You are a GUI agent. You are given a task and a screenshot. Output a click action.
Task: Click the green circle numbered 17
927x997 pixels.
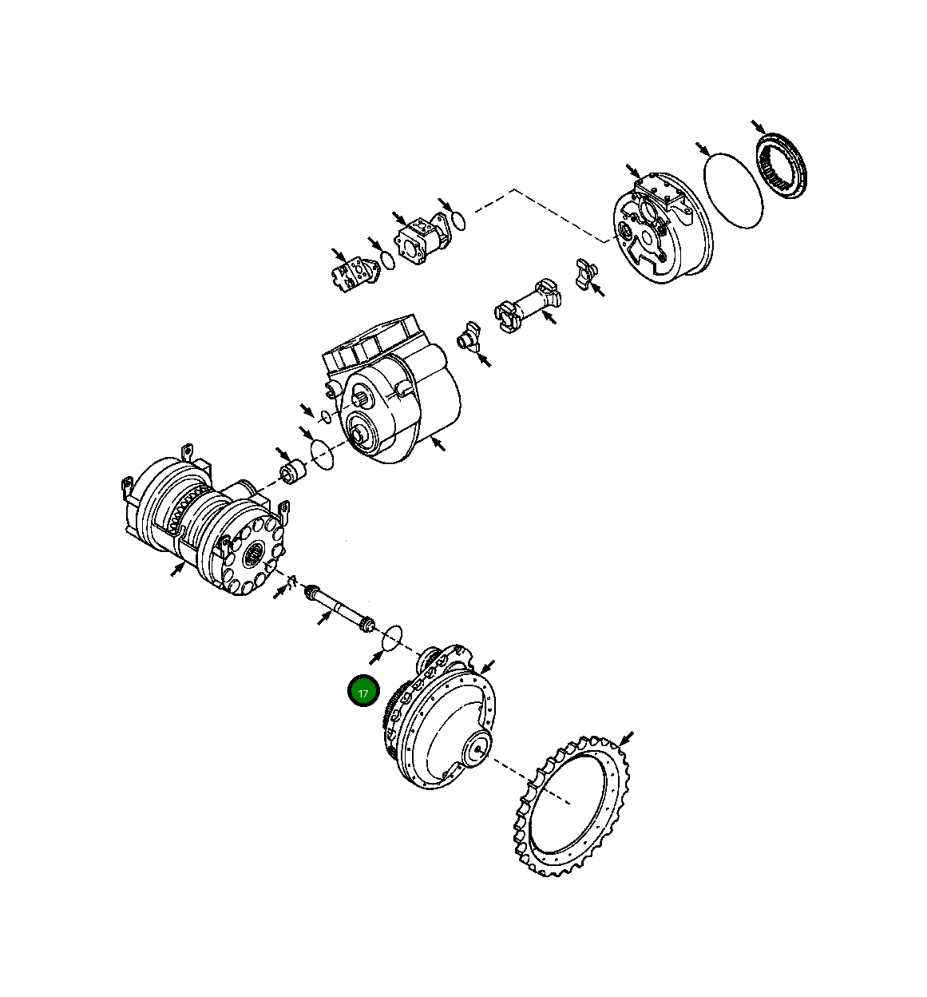coord(363,693)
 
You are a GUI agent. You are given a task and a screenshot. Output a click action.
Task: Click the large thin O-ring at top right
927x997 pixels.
coord(732,190)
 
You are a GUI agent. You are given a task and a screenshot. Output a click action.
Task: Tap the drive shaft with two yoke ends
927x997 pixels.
coord(527,303)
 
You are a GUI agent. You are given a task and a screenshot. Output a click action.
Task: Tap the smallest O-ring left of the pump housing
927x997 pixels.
coord(325,416)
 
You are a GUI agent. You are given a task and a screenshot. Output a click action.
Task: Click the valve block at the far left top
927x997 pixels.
coord(351,274)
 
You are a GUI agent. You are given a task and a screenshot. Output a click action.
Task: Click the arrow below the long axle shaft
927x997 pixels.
coord(323,618)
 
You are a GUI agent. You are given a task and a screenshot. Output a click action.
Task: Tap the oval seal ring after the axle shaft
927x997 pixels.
coord(390,638)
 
